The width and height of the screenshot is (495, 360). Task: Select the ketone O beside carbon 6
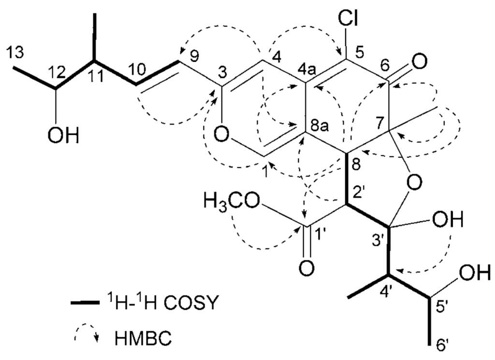420,61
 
